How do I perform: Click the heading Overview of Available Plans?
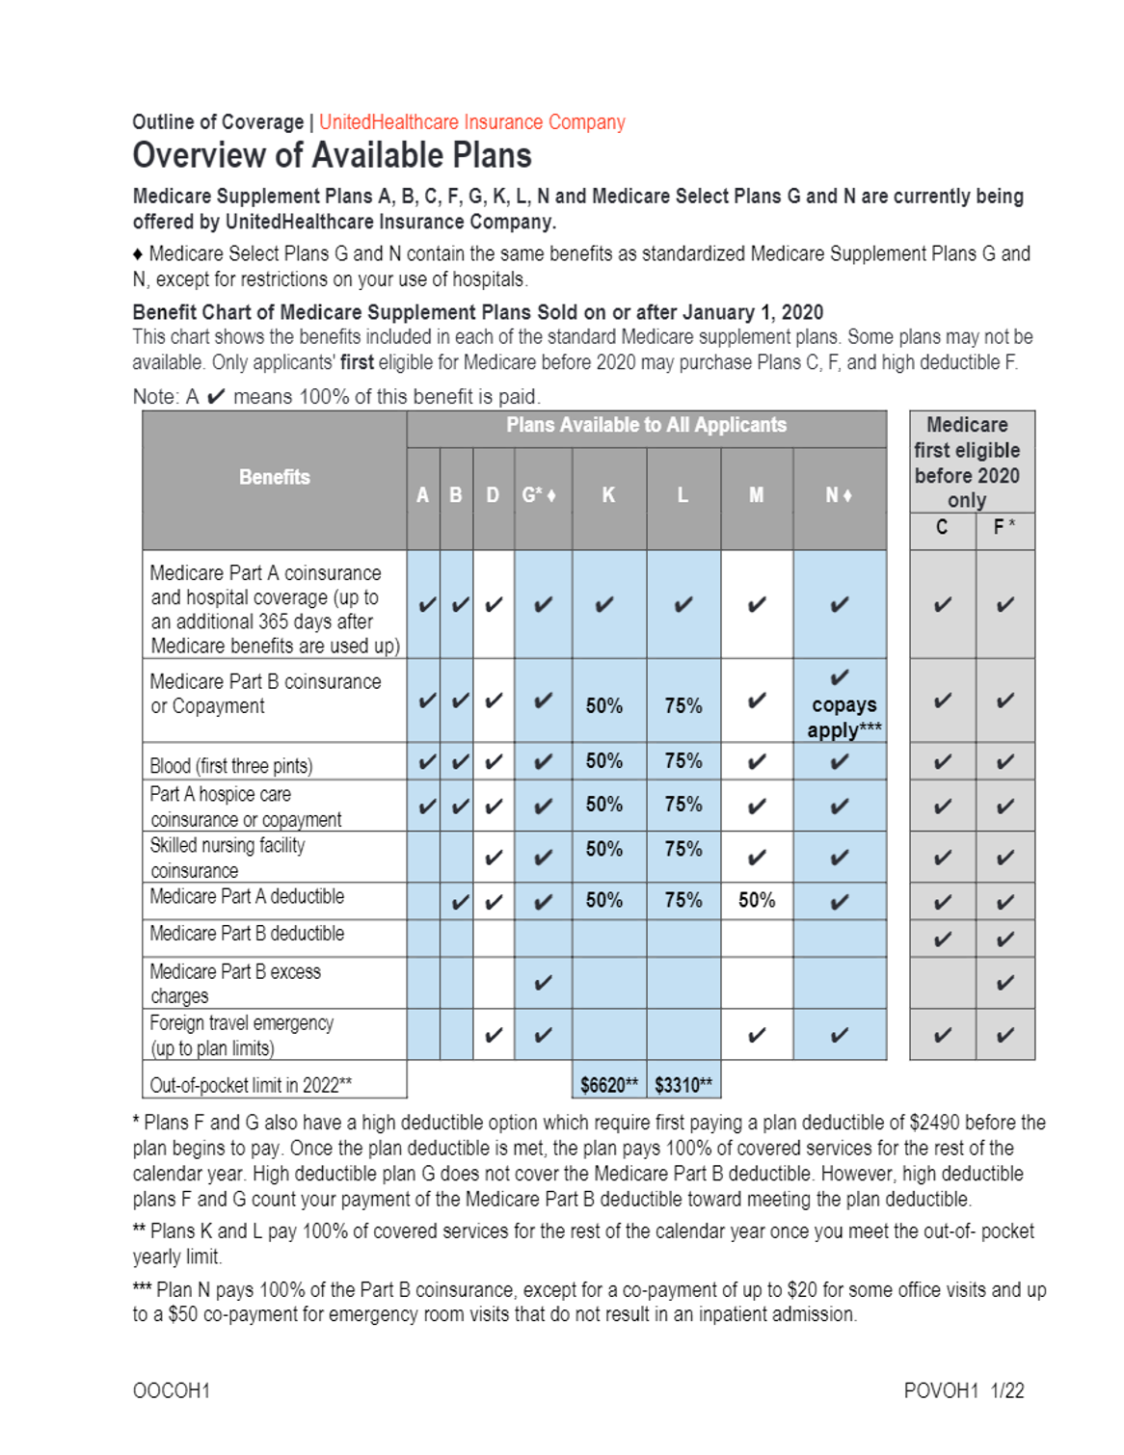click(x=332, y=156)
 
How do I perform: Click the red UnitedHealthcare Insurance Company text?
click(x=471, y=122)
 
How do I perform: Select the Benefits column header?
click(x=275, y=478)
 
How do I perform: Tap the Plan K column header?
click(x=608, y=495)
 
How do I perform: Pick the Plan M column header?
click(x=757, y=495)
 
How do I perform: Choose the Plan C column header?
click(x=942, y=528)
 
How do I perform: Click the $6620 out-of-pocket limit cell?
click(x=608, y=1085)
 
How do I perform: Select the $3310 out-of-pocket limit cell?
click(x=683, y=1085)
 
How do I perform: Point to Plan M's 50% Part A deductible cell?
click(x=757, y=901)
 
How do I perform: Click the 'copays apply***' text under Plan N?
click(x=843, y=718)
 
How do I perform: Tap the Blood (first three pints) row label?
click(x=231, y=766)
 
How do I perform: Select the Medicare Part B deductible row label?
click(x=247, y=934)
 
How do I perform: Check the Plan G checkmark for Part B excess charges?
click(x=543, y=983)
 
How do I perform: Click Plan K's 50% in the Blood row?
click(x=604, y=761)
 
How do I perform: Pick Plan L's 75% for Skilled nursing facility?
click(x=683, y=850)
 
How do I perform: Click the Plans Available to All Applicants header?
click(x=646, y=425)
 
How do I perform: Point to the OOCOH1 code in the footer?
click(x=172, y=1390)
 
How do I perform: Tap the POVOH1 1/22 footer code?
click(x=963, y=1390)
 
